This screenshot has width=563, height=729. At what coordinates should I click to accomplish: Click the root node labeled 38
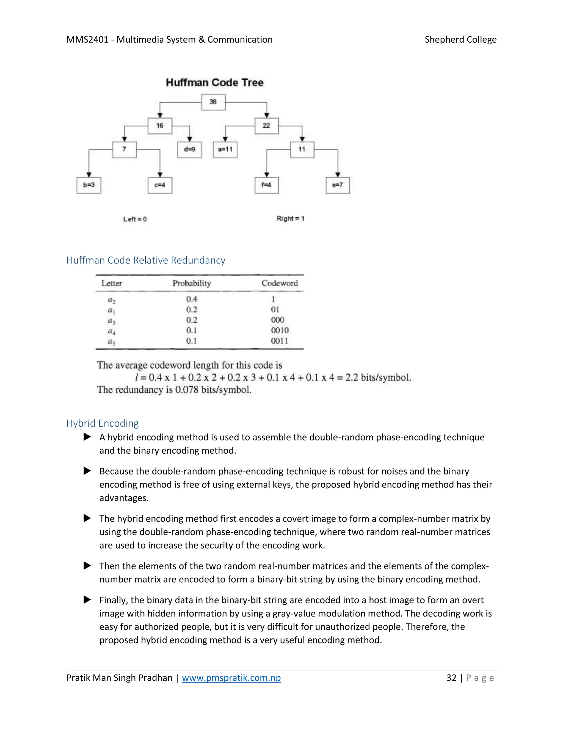click(213, 102)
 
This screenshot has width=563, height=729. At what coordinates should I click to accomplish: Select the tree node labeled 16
click(160, 125)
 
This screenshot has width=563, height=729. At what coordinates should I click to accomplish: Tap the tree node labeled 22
click(266, 125)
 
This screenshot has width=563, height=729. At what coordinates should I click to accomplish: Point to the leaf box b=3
click(89, 185)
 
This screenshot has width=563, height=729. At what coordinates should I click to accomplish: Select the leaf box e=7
click(338, 185)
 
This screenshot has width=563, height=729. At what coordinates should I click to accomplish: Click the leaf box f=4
click(266, 185)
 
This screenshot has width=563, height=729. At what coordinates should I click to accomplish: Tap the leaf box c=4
click(160, 185)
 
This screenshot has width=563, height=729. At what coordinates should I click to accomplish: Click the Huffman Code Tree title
click(214, 83)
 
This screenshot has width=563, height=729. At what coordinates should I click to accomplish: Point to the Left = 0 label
click(135, 219)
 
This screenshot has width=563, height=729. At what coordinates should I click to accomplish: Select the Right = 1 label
click(290, 219)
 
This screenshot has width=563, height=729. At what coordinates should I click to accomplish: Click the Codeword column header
click(280, 283)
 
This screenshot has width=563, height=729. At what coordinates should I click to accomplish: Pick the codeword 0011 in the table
click(280, 341)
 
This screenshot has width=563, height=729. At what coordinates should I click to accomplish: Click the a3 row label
click(111, 321)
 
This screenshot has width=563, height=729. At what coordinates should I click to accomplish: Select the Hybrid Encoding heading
click(102, 423)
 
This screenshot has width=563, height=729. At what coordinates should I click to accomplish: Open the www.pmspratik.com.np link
click(231, 678)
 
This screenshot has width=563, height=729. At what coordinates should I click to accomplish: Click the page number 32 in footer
click(451, 678)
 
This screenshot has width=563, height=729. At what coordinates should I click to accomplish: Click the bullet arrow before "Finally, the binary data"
click(87, 600)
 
